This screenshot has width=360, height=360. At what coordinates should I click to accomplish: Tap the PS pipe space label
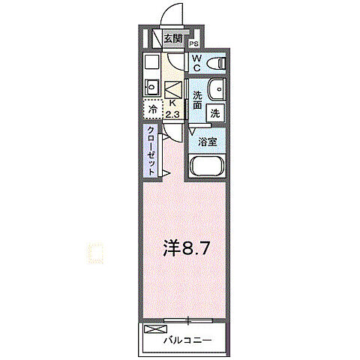coord(193,43)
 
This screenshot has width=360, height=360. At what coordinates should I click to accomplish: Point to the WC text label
coord(196,62)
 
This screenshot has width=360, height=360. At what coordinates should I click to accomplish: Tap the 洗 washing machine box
coord(215,113)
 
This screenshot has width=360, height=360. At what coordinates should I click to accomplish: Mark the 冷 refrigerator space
coord(153,109)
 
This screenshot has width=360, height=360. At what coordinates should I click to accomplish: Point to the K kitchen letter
coord(172,103)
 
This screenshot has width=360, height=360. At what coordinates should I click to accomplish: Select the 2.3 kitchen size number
coord(173,114)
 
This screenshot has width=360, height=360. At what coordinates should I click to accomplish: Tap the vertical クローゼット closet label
coord(151,150)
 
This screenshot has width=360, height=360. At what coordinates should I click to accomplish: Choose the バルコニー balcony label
coord(187,341)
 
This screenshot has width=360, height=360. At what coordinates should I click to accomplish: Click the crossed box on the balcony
coord(152,330)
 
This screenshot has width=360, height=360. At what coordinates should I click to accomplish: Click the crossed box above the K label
coord(172,88)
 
